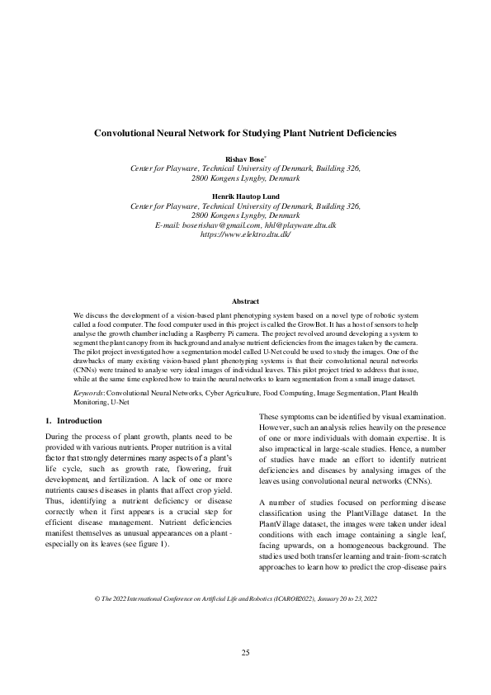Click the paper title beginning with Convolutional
click(245, 132)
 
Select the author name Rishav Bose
click(243, 158)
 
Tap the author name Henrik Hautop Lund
click(245, 196)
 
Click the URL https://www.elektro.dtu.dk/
click(245, 235)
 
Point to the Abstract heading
click(245, 302)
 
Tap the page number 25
click(245, 653)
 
